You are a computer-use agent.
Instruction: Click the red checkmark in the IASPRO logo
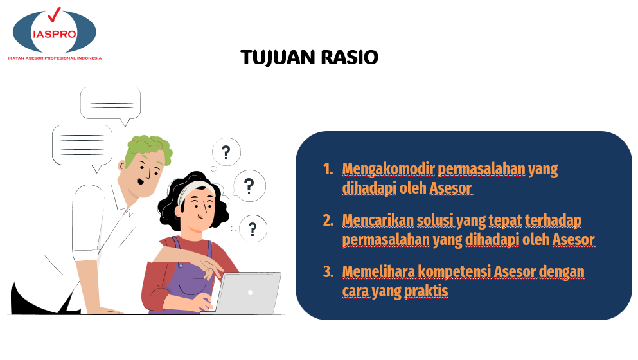click(54, 15)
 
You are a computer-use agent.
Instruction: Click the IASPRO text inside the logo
click(55, 34)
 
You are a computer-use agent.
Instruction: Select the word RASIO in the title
click(350, 57)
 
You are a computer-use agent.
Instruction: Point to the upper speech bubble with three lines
click(111, 104)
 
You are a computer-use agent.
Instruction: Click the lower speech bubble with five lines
click(82, 146)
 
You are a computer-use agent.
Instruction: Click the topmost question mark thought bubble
click(226, 152)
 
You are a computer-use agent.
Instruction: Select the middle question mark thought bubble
click(249, 186)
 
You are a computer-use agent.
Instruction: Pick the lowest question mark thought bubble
click(253, 228)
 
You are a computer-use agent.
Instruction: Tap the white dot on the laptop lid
click(250, 292)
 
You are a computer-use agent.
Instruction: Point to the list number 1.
click(328, 168)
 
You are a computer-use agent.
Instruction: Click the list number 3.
click(328, 271)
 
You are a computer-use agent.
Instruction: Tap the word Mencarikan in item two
click(378, 220)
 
